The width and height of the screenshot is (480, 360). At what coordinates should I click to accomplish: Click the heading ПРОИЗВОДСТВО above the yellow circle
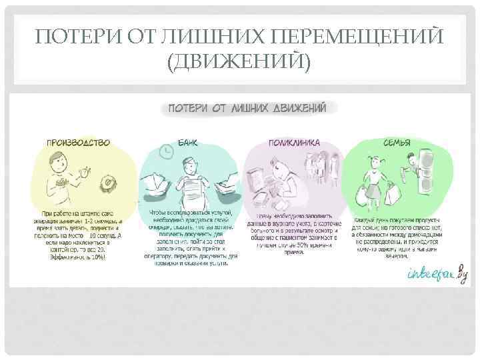coord(79,142)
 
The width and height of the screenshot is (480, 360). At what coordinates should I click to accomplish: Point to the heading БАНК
coord(187,142)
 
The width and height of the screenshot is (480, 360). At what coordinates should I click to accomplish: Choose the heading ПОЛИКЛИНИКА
coord(294,142)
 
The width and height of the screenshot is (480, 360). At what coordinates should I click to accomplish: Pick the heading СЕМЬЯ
coord(395,142)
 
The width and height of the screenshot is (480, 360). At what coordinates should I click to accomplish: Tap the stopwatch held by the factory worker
coord(85,172)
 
